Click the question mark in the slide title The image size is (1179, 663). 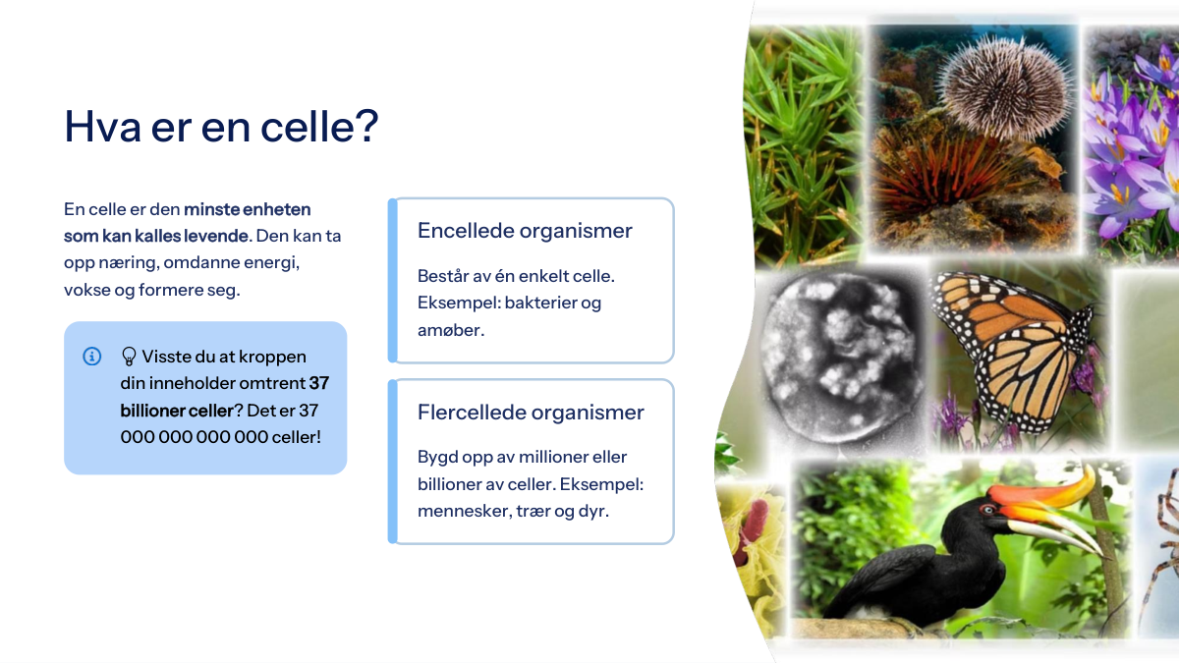[x=366, y=126]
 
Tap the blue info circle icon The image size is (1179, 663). [x=92, y=357]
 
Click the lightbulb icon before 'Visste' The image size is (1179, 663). [x=129, y=357]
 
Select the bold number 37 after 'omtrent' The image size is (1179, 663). [x=319, y=383]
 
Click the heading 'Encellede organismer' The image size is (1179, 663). [x=525, y=231]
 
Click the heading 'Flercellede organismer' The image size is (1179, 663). [x=531, y=412]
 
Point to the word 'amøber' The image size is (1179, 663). [x=449, y=330]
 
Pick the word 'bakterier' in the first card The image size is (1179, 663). [x=540, y=303]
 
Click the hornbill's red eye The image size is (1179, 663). [x=988, y=509]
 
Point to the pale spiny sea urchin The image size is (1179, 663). [x=1005, y=87]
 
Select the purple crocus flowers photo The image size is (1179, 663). [x=1132, y=142]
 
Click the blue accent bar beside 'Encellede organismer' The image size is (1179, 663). [x=392, y=281]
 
